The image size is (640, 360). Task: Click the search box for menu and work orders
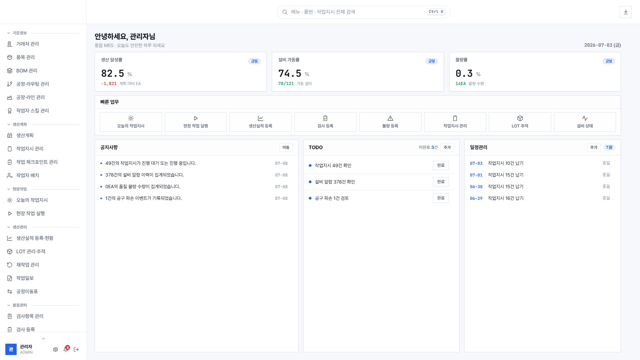tap(363, 12)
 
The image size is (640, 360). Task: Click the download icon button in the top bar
tap(625, 12)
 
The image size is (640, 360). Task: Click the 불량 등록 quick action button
tap(390, 122)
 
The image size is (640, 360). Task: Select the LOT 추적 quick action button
tap(520, 122)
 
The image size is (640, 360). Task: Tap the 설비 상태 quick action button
tap(585, 122)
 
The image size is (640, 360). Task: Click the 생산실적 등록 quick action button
tap(260, 122)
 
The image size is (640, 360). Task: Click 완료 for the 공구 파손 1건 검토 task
tap(441, 198)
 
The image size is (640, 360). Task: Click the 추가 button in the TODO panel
tap(447, 147)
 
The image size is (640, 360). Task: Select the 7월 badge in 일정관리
tap(609, 147)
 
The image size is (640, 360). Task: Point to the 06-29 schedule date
tap(476, 199)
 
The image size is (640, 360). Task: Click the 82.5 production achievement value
tap(113, 73)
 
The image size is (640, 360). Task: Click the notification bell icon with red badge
tap(66, 349)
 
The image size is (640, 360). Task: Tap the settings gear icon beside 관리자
tap(55, 349)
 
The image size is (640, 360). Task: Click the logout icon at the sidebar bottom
tap(76, 349)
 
